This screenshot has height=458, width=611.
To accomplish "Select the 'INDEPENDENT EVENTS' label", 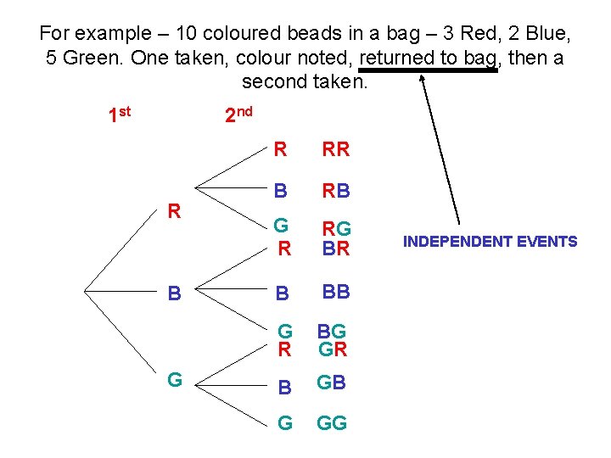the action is tap(490, 242).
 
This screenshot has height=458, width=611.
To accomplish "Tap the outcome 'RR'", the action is tap(335, 150).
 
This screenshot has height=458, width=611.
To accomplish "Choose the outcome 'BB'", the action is tap(335, 293).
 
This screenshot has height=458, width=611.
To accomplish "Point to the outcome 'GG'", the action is tap(332, 423).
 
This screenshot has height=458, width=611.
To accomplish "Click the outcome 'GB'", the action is tap(332, 383).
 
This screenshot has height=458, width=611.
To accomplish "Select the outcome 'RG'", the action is tap(338, 227).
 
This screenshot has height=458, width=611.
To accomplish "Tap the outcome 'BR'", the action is tap(337, 248).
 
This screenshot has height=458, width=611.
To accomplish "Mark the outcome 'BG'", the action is tap(332, 331).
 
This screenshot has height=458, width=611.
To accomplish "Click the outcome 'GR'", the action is tap(332, 349).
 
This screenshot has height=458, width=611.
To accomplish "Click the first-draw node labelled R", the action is tap(174, 210).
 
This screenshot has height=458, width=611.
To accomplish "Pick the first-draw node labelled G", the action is tap(174, 379).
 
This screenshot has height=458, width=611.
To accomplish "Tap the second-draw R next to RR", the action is tap(280, 150).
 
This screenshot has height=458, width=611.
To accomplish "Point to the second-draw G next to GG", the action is tap(285, 423).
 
